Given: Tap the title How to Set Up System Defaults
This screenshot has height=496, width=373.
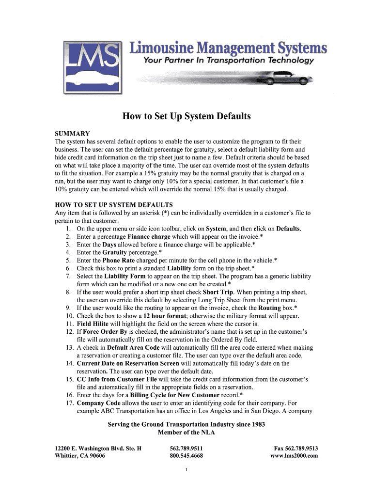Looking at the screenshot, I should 186,116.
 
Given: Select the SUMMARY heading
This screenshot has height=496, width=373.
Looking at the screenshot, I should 73,133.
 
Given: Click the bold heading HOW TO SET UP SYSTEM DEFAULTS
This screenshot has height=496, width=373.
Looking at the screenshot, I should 114,205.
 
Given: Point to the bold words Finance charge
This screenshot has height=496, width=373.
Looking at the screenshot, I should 149,236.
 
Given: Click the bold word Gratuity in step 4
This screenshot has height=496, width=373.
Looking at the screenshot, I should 116,252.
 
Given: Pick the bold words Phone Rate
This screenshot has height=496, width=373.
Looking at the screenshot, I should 118,260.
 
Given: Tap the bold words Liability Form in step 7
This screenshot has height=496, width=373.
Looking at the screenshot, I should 124,276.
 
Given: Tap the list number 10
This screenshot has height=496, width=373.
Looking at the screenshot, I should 68,316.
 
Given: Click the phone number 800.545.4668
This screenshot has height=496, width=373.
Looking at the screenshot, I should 186,456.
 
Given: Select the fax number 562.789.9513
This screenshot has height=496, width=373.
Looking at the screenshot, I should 300,448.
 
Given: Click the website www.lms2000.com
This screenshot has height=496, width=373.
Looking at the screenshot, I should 294,456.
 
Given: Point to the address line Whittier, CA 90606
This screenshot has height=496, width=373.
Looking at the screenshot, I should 80,456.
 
